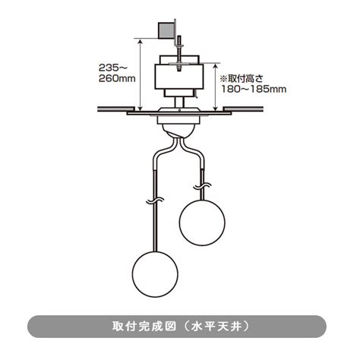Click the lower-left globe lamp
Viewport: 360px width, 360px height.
coord(155,274)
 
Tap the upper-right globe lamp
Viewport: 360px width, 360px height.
coord(202,223)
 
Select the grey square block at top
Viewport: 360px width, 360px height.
coord(166,30)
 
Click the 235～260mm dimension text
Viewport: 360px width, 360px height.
coord(117,73)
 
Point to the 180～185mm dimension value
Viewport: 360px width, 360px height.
coord(254,90)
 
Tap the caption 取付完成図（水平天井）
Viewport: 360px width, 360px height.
coord(181,327)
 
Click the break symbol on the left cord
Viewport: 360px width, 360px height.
coord(155,201)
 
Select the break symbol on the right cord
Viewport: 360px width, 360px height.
coord(202,186)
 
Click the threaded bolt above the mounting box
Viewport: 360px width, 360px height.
coord(179,54)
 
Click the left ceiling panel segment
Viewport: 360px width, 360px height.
coord(115,109)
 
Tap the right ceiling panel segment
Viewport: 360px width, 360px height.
coord(243,109)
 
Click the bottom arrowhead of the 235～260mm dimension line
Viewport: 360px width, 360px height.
coord(140,109)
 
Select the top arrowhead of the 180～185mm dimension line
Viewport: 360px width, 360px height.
coord(216,66)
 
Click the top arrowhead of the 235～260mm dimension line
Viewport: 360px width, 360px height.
coord(140,42)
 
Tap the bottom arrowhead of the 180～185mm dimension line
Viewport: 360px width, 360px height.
coord(216,108)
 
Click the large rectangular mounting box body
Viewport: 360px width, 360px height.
coord(179,77)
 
